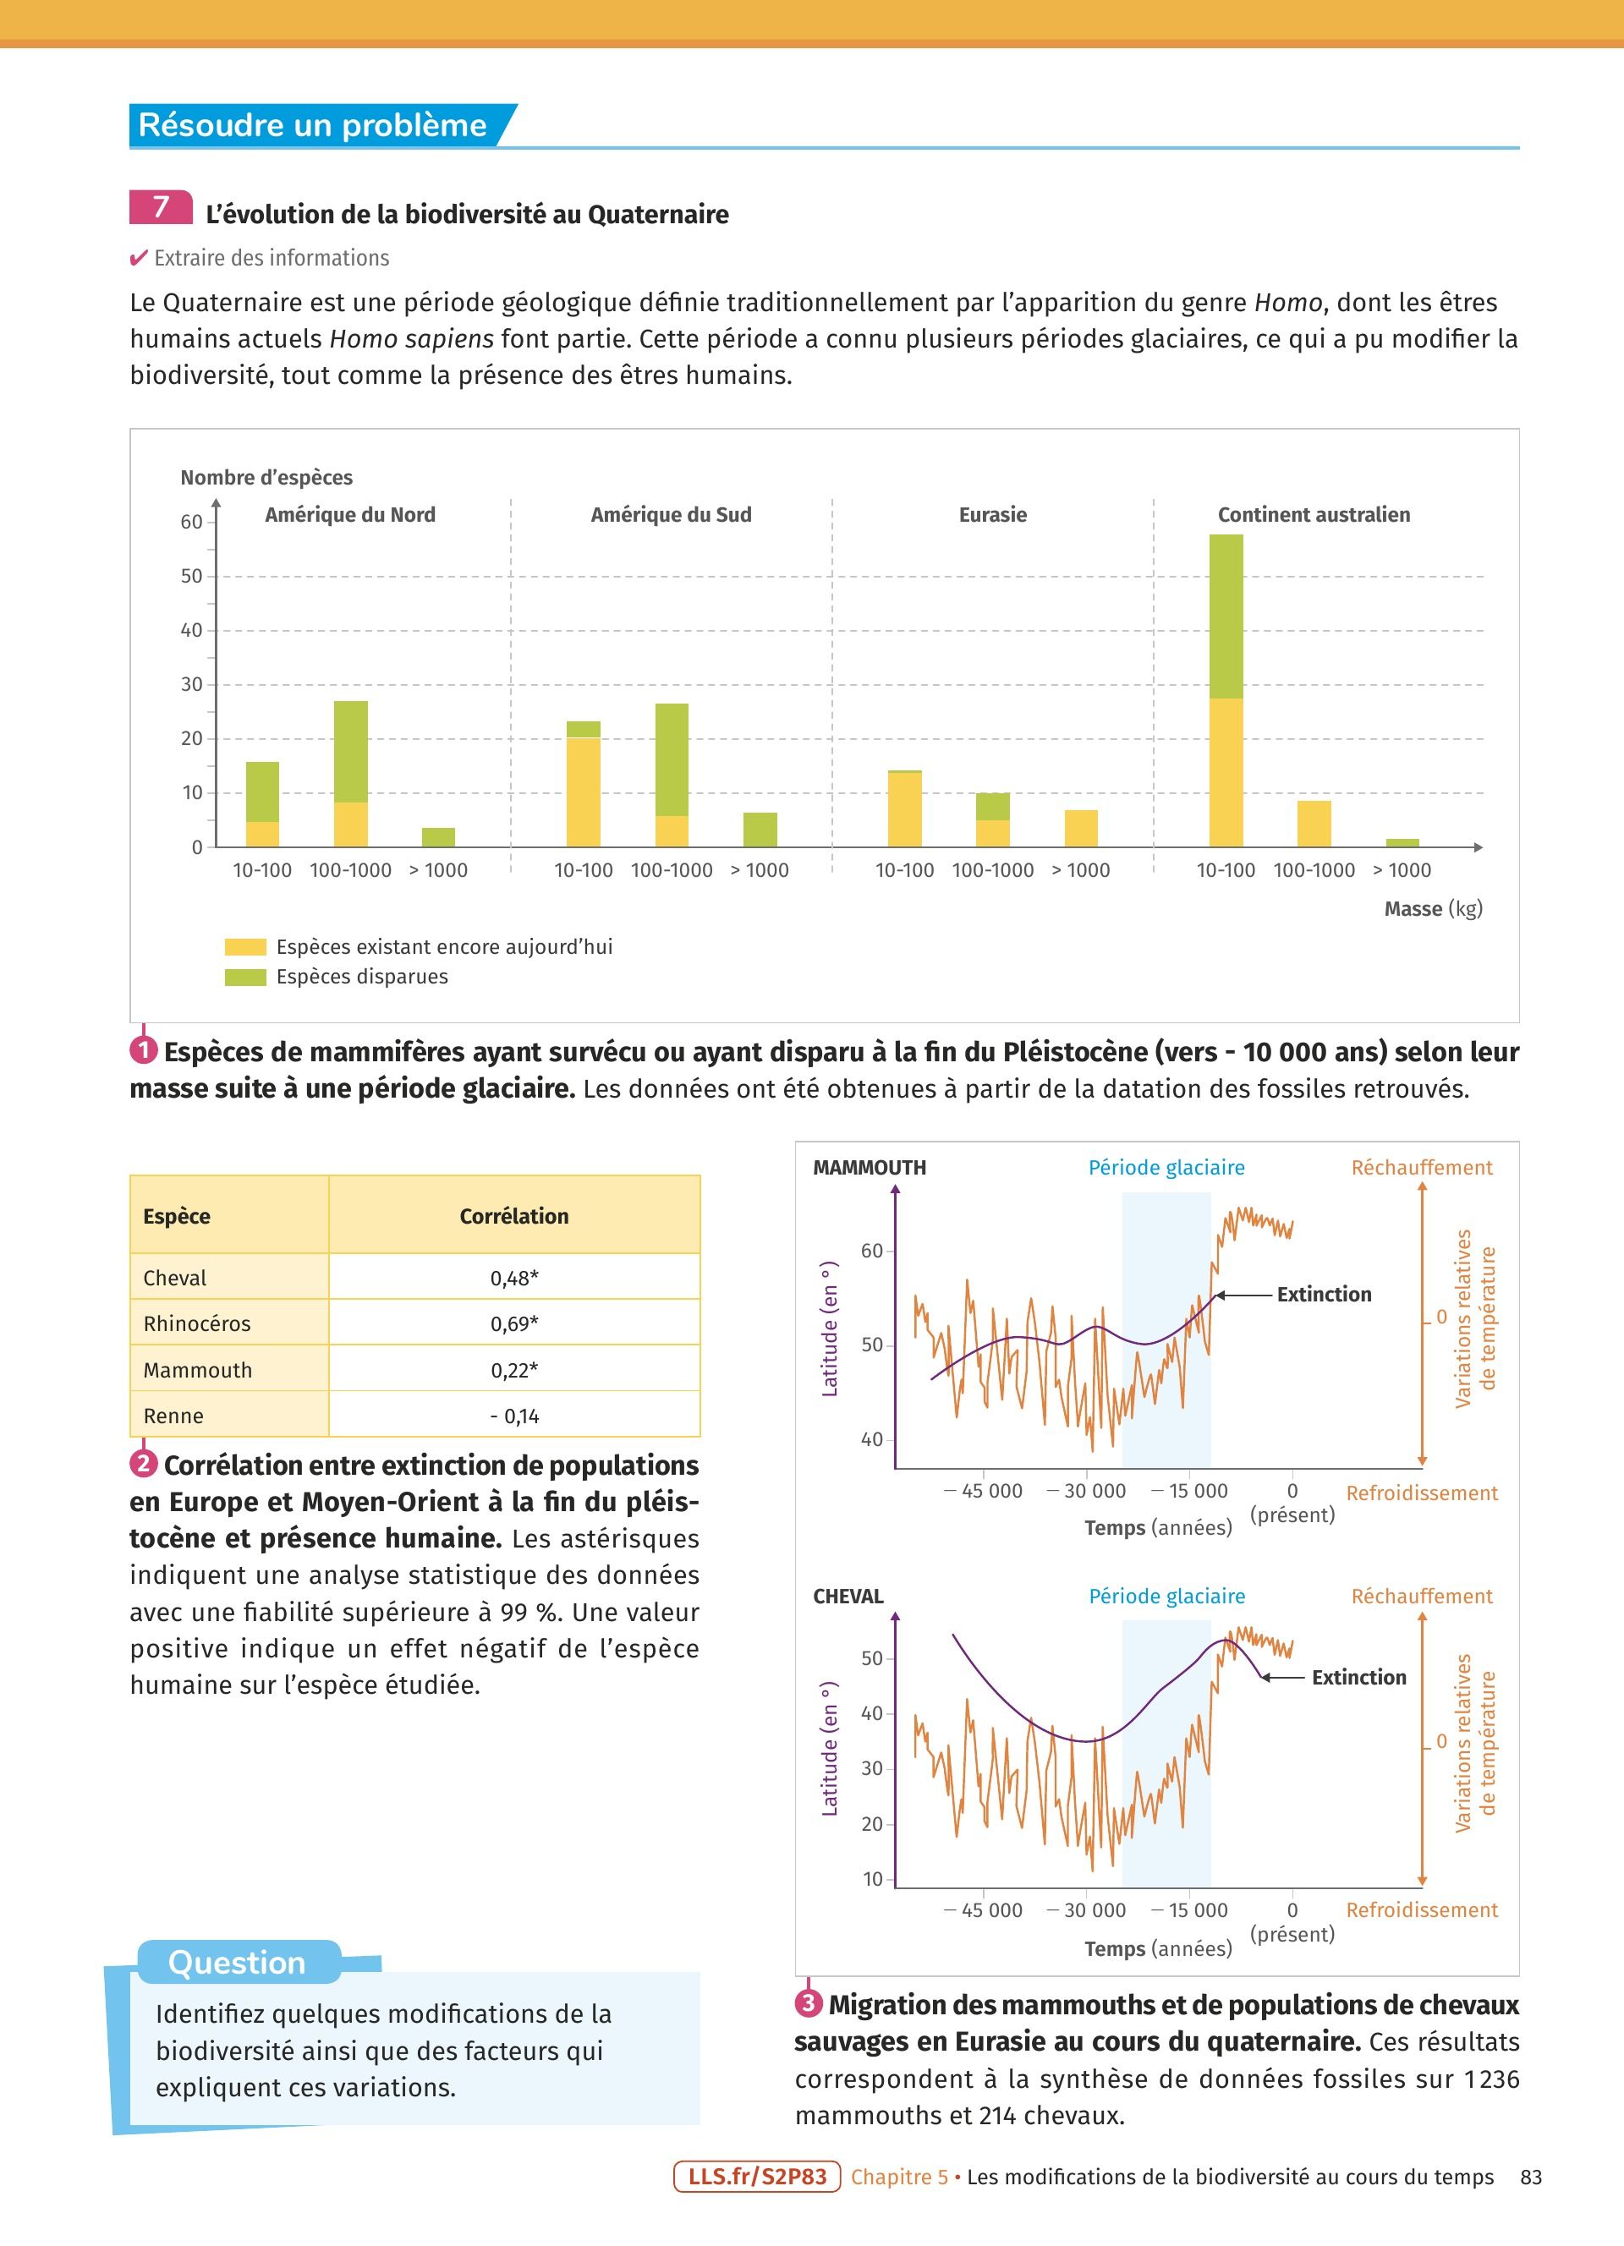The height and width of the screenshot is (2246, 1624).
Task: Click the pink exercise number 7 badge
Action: [161, 207]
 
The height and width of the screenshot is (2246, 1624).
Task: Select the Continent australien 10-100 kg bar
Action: [1226, 690]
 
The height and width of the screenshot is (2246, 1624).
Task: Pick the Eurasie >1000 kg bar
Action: [1080, 828]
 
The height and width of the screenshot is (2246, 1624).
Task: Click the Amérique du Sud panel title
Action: [671, 515]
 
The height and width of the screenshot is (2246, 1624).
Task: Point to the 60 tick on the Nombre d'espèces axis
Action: [191, 522]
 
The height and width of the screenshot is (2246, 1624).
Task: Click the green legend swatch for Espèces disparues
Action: [245, 978]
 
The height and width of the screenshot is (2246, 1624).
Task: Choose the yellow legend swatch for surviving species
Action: [245, 947]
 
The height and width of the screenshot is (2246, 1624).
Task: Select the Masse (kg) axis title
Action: [1432, 909]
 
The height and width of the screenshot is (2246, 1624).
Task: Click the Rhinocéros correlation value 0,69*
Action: [514, 1323]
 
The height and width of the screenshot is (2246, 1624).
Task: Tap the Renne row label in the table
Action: [173, 1416]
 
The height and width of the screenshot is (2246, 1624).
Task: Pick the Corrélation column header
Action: [514, 1216]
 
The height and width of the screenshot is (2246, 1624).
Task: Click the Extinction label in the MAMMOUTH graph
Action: [1324, 1295]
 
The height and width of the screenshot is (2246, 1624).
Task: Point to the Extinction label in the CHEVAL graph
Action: [1358, 1678]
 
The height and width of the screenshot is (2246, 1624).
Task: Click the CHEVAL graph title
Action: [848, 1597]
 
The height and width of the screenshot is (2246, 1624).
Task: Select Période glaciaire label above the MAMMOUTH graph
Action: [1166, 1168]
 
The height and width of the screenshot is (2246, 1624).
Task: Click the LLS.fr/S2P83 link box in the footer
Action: [756, 2177]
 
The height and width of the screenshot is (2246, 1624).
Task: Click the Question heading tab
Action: [238, 1962]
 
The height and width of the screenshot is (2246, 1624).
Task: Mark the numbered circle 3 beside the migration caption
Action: [808, 2003]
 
